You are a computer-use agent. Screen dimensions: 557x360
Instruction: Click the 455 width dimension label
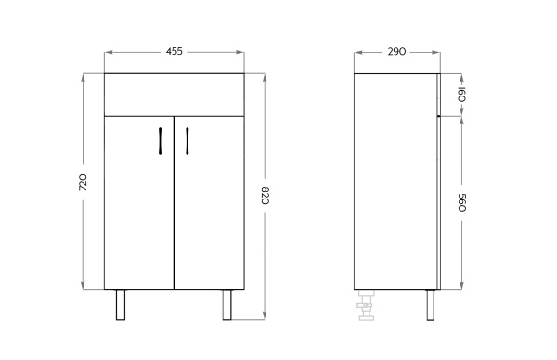[175, 51]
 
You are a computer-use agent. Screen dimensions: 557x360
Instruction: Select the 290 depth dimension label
[396, 51]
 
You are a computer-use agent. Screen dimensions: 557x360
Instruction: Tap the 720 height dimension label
[83, 183]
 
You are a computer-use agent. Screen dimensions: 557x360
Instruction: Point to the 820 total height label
[265, 196]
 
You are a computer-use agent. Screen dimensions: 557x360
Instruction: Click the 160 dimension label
[461, 94]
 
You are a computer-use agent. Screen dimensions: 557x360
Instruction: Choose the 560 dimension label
[461, 202]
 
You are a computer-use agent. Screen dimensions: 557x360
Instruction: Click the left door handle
[161, 141]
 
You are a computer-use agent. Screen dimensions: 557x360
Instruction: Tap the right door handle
[188, 141]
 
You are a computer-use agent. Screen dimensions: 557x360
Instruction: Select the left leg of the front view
[121, 305]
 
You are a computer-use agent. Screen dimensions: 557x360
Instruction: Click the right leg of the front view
[227, 305]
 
